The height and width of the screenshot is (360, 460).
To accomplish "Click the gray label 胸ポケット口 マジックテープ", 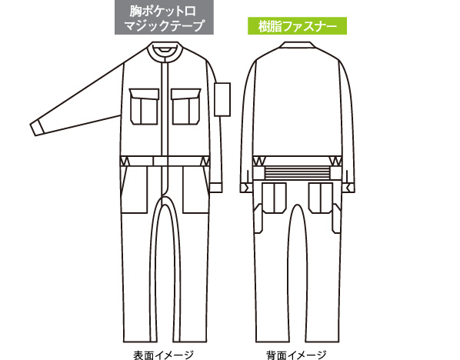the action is [x=164, y=18].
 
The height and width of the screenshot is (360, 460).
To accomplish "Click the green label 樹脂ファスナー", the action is [x=297, y=26].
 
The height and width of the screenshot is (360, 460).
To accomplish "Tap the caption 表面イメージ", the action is [x=163, y=355].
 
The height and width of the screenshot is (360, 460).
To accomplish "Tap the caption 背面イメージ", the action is [x=296, y=355].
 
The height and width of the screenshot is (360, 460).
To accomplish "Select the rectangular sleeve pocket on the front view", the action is [x=222, y=99].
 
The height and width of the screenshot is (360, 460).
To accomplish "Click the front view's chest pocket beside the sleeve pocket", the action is [x=186, y=106].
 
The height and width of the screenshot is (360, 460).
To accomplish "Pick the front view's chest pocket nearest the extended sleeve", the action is [x=144, y=106].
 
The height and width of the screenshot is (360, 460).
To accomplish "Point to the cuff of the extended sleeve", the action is [x=37, y=128].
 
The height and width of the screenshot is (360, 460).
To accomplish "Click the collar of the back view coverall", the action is [x=297, y=45].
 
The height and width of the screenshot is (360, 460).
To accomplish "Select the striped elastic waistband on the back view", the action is [x=297, y=172].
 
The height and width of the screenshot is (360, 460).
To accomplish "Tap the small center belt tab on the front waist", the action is [x=160, y=161].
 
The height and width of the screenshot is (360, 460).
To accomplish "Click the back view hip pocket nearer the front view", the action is [x=274, y=198].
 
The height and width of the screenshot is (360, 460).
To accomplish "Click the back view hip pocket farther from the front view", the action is [x=320, y=198].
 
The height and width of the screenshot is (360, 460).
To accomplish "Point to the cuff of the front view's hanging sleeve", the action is [x=216, y=188].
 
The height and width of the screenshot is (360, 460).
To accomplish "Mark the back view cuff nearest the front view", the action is [x=246, y=188].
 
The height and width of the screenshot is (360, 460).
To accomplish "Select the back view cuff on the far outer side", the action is [x=348, y=188].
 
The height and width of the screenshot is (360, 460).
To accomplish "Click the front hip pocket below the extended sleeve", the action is [x=135, y=189].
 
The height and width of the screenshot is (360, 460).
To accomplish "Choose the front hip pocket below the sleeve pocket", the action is [x=195, y=189].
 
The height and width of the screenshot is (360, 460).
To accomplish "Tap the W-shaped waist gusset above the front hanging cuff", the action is [x=205, y=162].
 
